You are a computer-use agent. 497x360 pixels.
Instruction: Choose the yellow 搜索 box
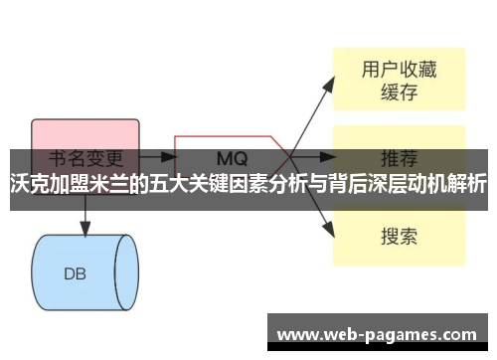click(x=398, y=236)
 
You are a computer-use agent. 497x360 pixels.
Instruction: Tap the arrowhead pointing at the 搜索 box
click(x=328, y=230)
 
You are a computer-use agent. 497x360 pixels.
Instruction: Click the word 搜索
click(x=399, y=237)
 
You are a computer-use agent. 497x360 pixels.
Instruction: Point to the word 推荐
click(x=399, y=157)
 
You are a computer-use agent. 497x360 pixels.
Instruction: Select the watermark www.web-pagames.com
click(x=381, y=332)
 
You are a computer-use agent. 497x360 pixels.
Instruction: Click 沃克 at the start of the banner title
click(x=27, y=184)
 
